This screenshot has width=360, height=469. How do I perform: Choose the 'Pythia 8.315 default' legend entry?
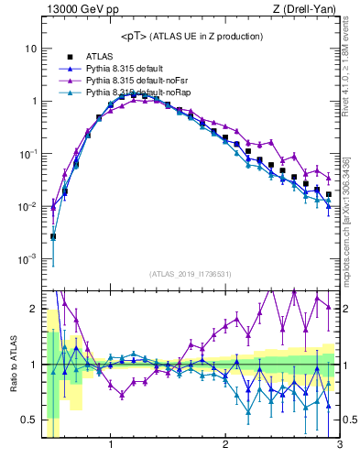[x=128, y=69]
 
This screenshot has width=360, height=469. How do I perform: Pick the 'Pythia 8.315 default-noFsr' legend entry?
[x=138, y=81]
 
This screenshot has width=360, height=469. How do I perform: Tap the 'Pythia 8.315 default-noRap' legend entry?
[x=138, y=93]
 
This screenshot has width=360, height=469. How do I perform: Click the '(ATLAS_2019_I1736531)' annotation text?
[x=190, y=274]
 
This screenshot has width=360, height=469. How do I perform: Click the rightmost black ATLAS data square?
[x=329, y=194]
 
